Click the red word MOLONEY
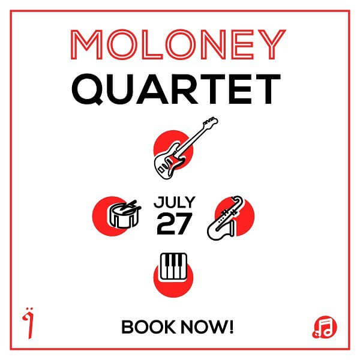coord(178,44)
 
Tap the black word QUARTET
coord(176,89)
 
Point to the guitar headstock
coord(211,122)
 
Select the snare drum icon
coord(124,215)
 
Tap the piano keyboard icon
coord(173,267)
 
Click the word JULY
coord(175,202)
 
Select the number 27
coord(174,224)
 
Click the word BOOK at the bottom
coord(148,327)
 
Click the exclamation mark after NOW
coord(231,327)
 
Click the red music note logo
coord(325,327)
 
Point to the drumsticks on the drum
coord(130,207)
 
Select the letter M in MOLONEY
coord(86,44)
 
